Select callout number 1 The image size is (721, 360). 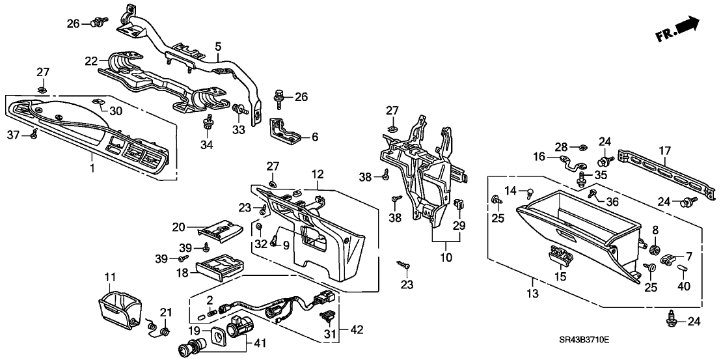[x=92, y=169]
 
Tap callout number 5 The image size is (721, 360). [x=219, y=46]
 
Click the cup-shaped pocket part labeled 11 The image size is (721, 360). [x=118, y=310]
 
